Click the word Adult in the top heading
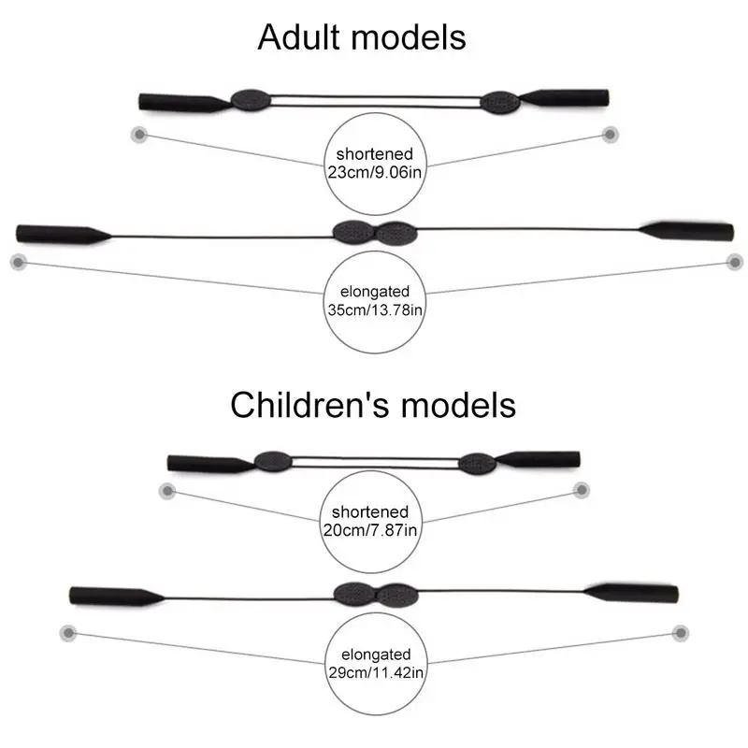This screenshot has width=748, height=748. click(298, 37)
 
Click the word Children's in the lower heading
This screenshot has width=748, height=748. click(311, 405)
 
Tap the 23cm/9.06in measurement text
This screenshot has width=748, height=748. click(375, 172)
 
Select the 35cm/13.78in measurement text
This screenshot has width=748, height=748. click(375, 310)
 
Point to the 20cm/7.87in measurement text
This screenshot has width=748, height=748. click(370, 530)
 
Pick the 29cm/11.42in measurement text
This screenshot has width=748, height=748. click(376, 672)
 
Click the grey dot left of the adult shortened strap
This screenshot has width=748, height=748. click(139, 135)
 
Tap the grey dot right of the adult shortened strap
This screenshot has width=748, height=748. click(610, 135)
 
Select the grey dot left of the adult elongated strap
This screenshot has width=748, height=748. click(19, 262)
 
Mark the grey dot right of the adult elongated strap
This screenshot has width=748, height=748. click(735, 262)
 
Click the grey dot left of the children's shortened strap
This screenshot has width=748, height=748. click(167, 490)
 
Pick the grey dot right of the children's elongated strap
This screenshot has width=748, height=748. click(681, 633)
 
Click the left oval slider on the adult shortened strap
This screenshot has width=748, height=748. click(251, 100)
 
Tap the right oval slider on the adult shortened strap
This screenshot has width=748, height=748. click(500, 103)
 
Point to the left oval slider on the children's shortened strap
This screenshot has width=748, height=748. click(273, 461)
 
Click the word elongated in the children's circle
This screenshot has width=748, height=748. click(376, 654)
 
